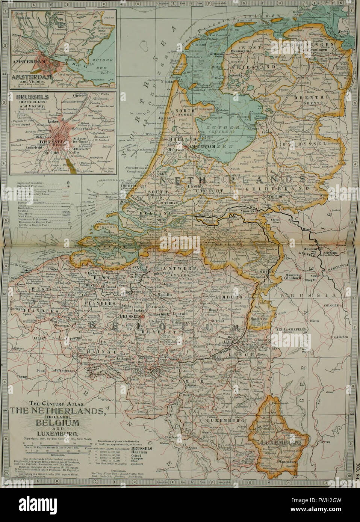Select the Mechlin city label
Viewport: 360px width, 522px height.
(x=162, y=295)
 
